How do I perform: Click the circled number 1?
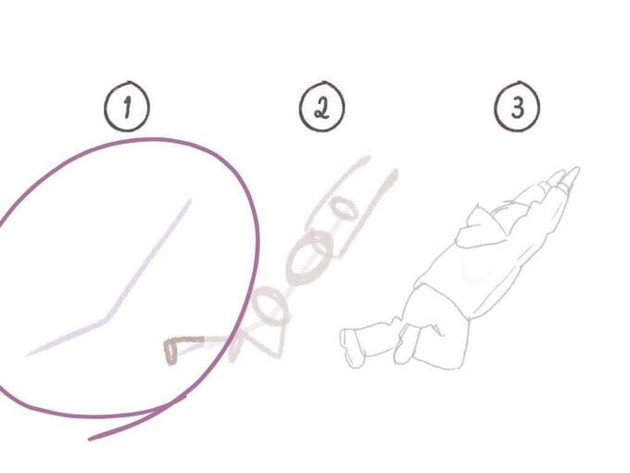coord(127,107)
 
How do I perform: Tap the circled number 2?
coord(321,107)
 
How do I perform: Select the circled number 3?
coord(517,107)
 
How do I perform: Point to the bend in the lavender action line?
coord(106,319)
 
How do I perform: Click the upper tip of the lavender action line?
coord(191,199)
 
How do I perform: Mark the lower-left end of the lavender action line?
coord(27,355)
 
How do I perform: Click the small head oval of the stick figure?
coord(342,210)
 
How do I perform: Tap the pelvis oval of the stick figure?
coord(270,307)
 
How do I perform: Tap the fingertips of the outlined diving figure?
coord(574,171)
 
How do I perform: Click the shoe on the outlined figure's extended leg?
coord(350,349)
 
